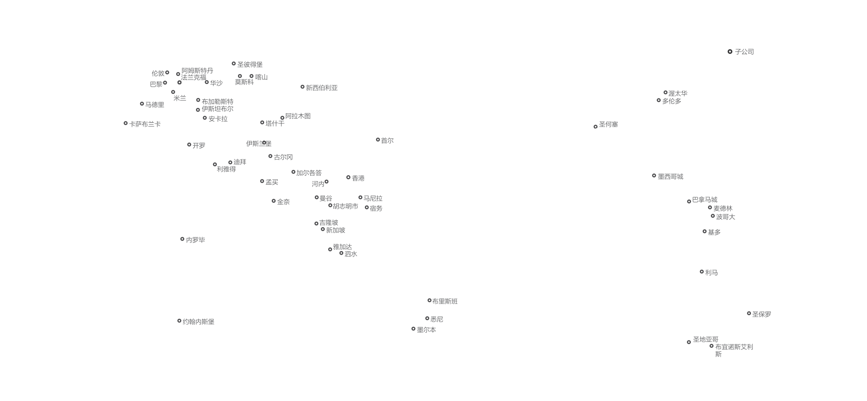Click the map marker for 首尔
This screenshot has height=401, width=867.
click(378, 140)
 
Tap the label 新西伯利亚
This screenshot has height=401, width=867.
click(322, 88)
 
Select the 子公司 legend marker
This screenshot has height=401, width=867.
click(730, 52)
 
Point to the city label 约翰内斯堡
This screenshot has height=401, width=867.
click(198, 322)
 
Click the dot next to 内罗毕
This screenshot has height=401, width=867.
click(182, 239)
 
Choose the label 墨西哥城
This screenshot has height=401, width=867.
click(670, 177)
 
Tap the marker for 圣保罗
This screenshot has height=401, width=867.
click(749, 313)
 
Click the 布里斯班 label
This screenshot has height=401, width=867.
click(445, 301)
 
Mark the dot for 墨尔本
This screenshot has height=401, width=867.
click(413, 329)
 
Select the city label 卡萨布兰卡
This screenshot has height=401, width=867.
click(145, 124)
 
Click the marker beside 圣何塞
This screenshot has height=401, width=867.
click(596, 127)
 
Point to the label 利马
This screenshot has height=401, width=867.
click(711, 273)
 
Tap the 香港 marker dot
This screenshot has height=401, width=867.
click(348, 177)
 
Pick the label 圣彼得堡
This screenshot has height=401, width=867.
click(250, 65)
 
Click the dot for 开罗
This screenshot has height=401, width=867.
click(189, 145)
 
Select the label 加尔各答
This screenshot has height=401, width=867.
click(309, 173)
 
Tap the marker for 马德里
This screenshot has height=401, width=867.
click(142, 104)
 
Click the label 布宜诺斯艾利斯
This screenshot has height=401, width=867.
click(734, 350)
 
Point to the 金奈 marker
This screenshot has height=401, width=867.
click(274, 201)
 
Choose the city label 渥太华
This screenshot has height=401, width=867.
click(678, 93)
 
